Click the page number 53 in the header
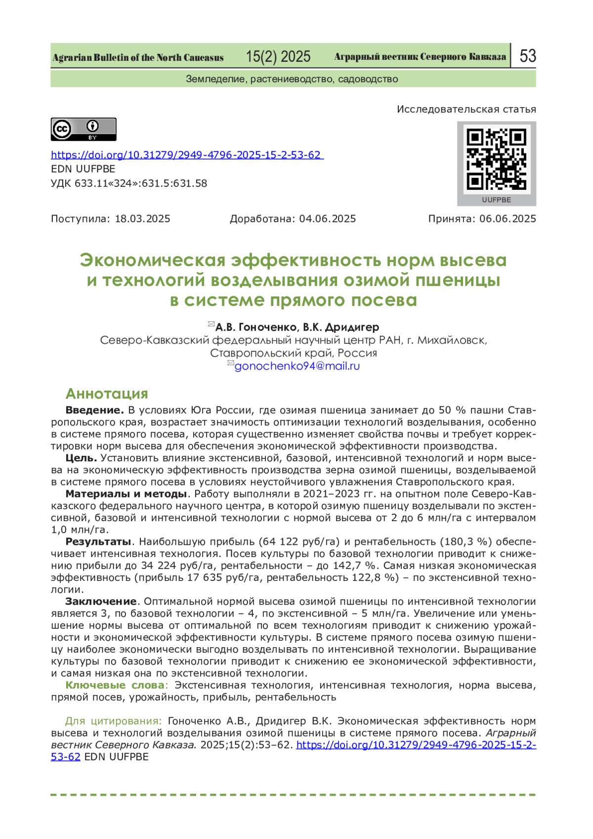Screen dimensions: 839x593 point(527,56)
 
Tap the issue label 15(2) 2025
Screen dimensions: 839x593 point(278,57)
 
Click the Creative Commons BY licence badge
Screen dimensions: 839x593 point(84,129)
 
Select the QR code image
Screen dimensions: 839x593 point(496,160)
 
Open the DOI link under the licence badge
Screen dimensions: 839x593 point(186,155)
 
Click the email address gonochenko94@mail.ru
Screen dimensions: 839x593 point(297,366)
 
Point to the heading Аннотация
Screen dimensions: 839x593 point(107,394)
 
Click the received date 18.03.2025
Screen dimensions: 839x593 point(142,219)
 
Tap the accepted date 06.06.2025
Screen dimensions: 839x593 point(508,219)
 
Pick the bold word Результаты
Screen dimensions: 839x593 point(98,541)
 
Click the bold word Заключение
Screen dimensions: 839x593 point(101,601)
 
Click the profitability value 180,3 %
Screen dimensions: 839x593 point(464,541)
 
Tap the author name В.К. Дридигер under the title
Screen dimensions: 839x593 point(341,327)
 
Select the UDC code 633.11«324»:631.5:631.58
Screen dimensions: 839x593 point(141,183)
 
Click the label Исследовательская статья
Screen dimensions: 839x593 point(466,109)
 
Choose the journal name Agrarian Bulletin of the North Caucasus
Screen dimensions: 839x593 point(138,58)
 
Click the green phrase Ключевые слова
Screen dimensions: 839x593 point(115,685)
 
